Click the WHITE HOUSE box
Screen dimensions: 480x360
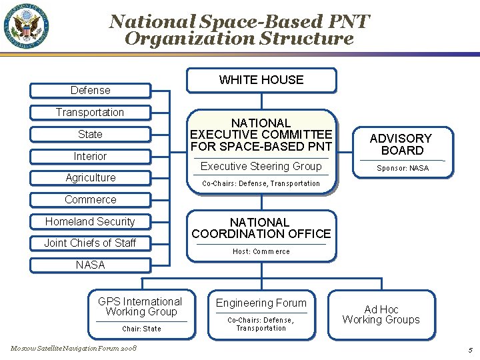pos(261,80)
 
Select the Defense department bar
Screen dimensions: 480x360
pos(91,90)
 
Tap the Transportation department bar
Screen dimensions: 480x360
pos(90,112)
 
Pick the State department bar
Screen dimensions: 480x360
pos(91,134)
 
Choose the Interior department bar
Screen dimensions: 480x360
pos(91,156)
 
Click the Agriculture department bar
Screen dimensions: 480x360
pos(91,177)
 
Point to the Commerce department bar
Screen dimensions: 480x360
pos(91,199)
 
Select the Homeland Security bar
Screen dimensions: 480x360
pos(91,221)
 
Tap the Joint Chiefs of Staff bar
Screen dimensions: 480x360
pos(91,243)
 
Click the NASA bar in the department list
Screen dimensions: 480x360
pos(91,265)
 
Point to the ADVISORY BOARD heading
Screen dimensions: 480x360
pos(401,144)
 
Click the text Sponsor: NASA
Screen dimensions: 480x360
pos(402,168)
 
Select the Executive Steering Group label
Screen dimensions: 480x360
pos(261,166)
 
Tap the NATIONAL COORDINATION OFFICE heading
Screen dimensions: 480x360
pos(261,228)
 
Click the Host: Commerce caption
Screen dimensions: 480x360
pos(261,251)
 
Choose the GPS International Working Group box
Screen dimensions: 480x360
pos(140,313)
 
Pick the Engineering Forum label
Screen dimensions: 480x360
pos(261,303)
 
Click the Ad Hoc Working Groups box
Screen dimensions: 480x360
pos(381,314)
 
